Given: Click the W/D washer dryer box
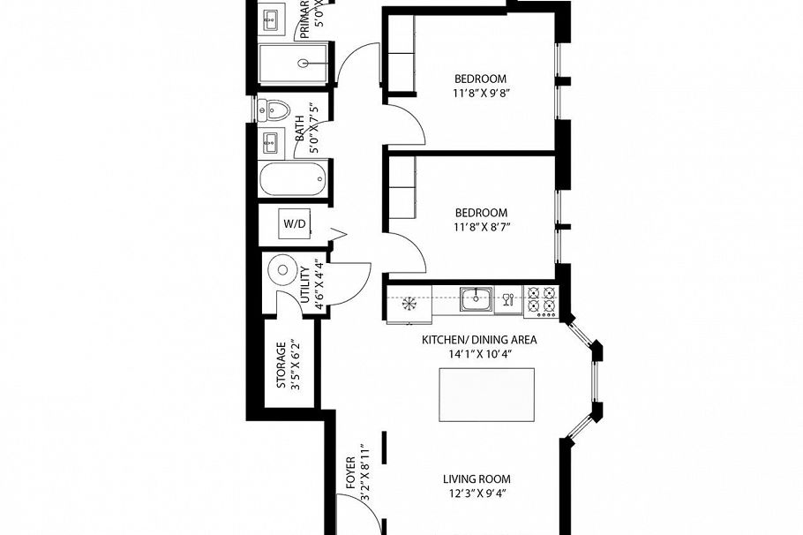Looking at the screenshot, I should tap(294, 224).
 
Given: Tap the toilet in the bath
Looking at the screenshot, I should tap(276, 110).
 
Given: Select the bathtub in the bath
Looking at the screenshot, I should tap(293, 181).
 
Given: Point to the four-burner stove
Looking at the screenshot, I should tap(540, 301).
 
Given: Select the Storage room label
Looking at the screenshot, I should tap(281, 365).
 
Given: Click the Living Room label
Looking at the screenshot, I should tap(477, 479).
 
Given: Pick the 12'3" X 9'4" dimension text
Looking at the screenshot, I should tap(477, 494).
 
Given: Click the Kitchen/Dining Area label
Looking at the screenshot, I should tap(479, 339).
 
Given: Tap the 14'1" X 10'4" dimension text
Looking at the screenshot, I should tap(479, 354).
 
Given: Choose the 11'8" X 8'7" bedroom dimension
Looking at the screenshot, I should tap(481, 227).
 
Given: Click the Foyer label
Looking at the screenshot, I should tap(350, 473).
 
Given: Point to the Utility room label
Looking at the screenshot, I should tap(305, 284).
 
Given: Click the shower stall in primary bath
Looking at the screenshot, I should tap(296, 64).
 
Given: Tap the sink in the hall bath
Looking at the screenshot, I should tap(270, 140).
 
